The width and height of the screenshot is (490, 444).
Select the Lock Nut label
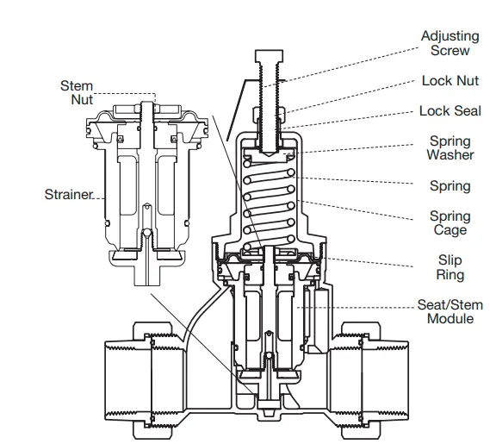pos(449,81)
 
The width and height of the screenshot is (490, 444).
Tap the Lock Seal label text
pos(450,111)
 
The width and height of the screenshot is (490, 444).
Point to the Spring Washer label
pos(450,148)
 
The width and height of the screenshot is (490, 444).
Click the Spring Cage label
pos(450,223)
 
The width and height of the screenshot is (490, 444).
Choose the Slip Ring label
pos(450,267)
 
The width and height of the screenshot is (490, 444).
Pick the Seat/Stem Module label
pos(450,312)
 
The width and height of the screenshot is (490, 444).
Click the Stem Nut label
pos(77,92)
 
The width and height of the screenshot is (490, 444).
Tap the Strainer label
pos(67,195)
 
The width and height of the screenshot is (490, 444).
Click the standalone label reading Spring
pos(450,186)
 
